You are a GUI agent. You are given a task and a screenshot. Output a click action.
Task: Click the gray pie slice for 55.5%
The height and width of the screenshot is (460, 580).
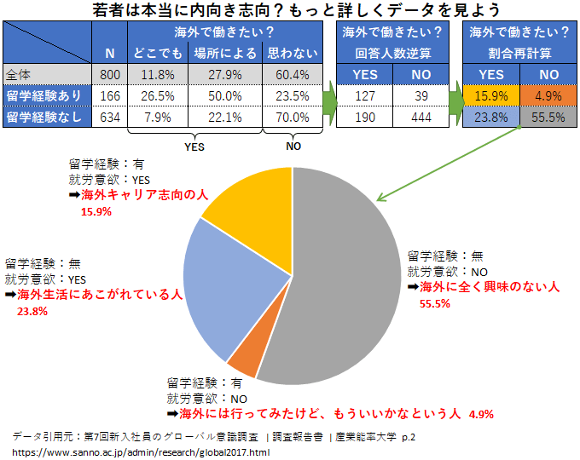pyautogui.click(x=341, y=281)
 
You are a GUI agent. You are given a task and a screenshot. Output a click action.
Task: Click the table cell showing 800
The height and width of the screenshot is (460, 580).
pyautogui.click(x=109, y=74)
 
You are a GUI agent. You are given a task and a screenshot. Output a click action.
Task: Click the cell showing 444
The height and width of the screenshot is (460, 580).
pyautogui.click(x=421, y=118)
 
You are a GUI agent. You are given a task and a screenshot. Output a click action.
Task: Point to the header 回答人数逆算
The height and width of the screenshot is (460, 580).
pyautogui.click(x=392, y=54)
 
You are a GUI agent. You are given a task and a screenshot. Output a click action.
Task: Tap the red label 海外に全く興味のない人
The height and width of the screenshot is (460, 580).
pyautogui.click(x=489, y=287)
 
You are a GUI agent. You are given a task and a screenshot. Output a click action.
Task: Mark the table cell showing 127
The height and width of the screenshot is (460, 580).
pyautogui.click(x=364, y=95)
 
